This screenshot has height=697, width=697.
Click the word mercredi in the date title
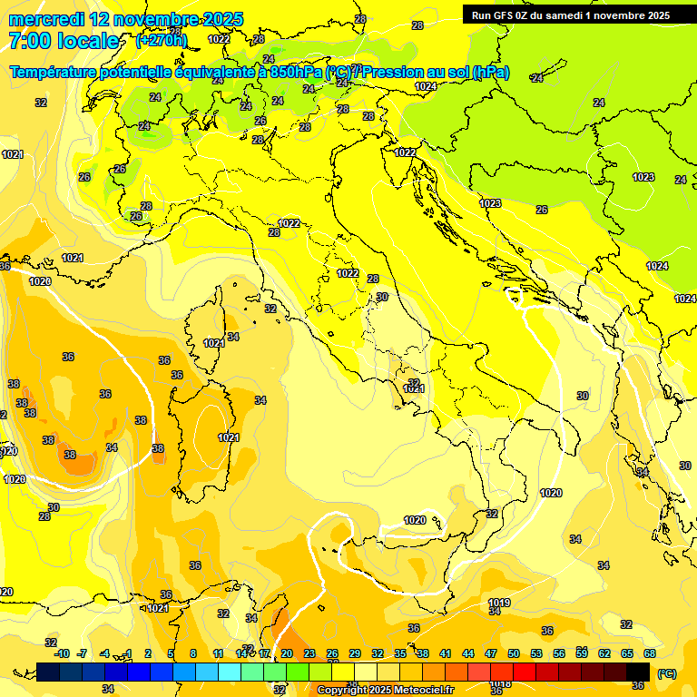47,19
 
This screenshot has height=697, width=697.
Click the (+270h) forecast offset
162,40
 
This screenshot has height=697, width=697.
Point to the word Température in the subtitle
54,72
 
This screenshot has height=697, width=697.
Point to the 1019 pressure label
498,603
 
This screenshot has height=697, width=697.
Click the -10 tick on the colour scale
62,653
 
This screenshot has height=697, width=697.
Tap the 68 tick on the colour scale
650,653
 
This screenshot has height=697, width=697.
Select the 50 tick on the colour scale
514,653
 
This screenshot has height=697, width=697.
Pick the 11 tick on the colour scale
219,653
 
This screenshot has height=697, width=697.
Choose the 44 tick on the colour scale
468,653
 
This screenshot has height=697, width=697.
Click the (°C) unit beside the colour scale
667,673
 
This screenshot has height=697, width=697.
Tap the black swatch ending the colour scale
638,672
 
